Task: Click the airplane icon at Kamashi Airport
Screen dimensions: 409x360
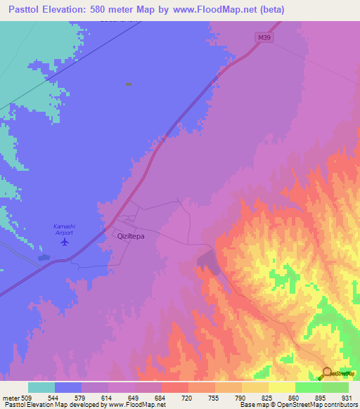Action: pyautogui.click(x=65, y=242)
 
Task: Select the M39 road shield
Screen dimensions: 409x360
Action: pyautogui.click(x=262, y=38)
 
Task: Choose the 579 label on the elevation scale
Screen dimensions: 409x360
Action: pyautogui.click(x=82, y=397)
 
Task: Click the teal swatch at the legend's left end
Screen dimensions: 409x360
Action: pyautogui.click(x=41, y=387)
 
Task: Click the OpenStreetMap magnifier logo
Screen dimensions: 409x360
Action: pyautogui.click(x=326, y=372)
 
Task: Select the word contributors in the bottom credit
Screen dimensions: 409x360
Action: pyautogui.click(x=340, y=405)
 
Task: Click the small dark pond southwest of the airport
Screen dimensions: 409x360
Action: pyautogui.click(x=44, y=257)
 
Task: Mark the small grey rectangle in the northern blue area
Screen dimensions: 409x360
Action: pyautogui.click(x=129, y=84)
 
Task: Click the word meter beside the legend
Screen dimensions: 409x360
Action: pyautogui.click(x=11, y=397)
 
